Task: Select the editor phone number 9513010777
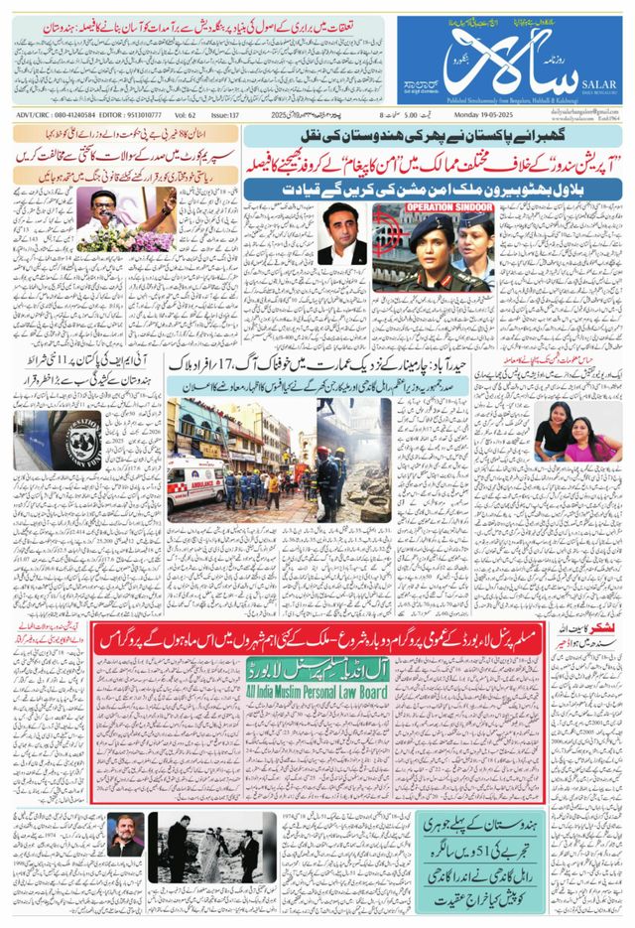pos(127,116)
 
